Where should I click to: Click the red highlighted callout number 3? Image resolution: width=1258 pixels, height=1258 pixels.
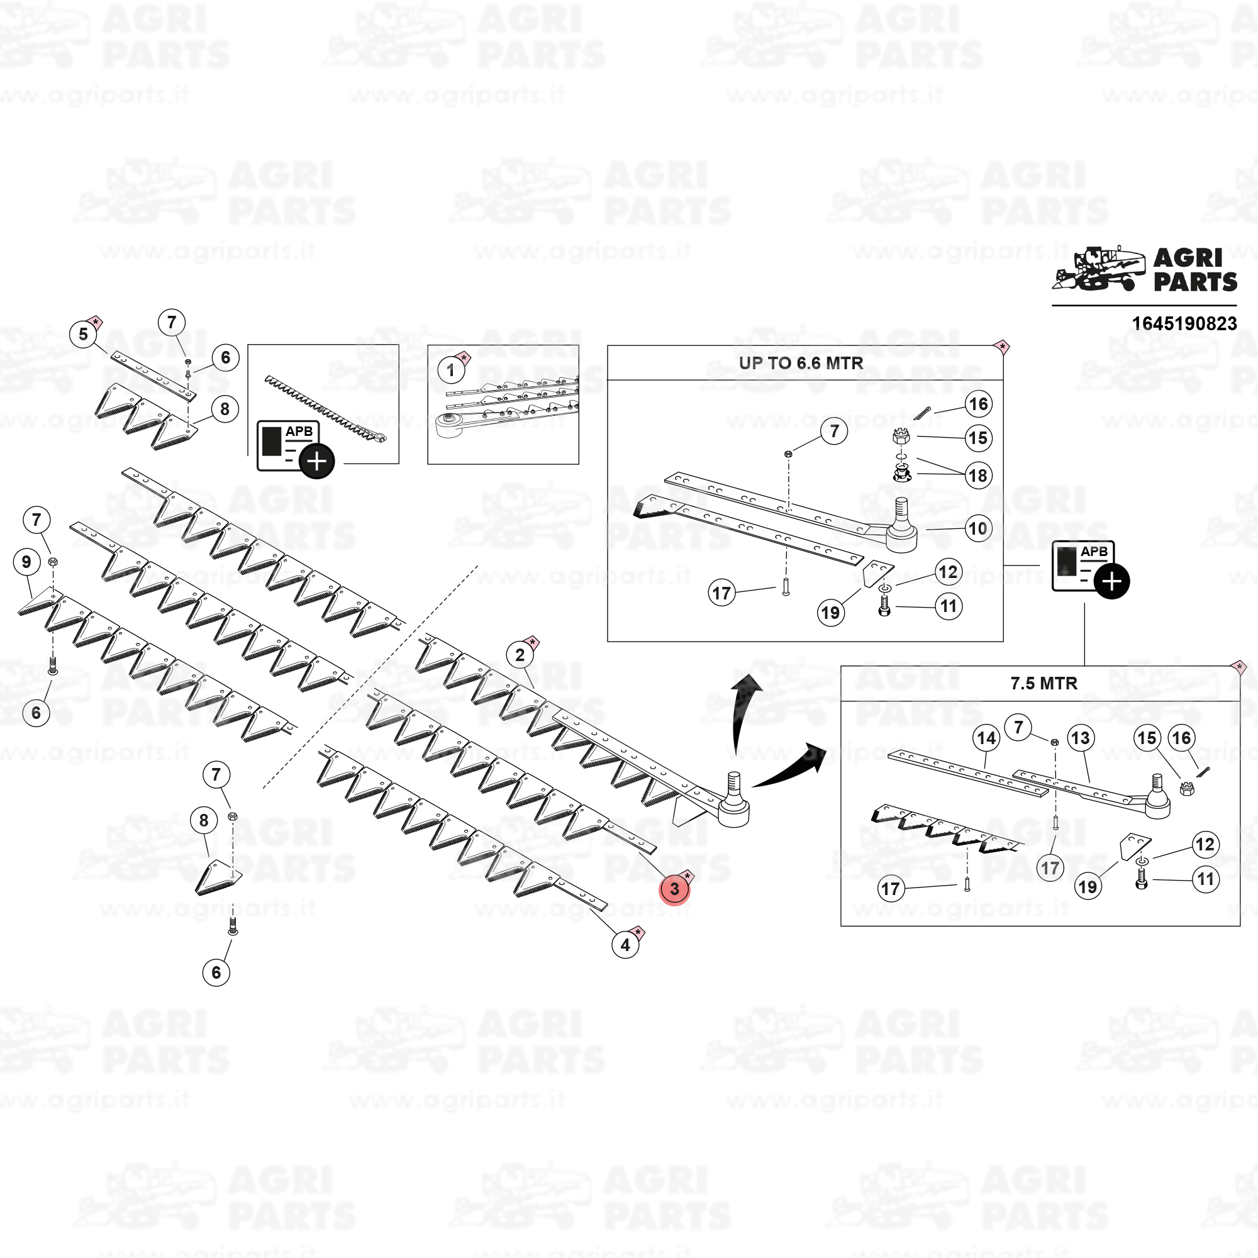tap(674, 889)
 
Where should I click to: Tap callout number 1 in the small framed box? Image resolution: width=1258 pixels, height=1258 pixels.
tap(450, 370)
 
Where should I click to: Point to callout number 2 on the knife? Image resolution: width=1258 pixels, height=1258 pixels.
tap(520, 654)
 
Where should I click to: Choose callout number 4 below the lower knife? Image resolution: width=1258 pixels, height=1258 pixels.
tap(625, 945)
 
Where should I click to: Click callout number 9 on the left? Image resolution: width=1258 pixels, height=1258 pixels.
tap(26, 562)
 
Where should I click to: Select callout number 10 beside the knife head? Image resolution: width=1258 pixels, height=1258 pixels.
tap(978, 528)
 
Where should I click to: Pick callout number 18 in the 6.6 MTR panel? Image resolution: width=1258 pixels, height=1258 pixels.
tap(978, 476)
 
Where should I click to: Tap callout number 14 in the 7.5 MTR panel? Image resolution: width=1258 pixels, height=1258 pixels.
tap(986, 738)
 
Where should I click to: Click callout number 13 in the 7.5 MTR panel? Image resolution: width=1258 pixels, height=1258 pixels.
tap(1080, 738)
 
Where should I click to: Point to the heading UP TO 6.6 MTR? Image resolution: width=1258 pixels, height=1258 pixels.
tap(801, 363)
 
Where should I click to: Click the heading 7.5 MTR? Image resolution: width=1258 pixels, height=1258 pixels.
tap(1044, 683)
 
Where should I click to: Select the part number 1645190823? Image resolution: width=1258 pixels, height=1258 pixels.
tap(1184, 323)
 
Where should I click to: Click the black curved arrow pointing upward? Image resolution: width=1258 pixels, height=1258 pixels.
tap(742, 713)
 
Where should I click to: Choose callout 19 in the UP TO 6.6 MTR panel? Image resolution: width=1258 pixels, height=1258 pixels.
tap(830, 613)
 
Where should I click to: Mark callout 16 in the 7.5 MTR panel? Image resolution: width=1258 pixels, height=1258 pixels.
tap(1181, 738)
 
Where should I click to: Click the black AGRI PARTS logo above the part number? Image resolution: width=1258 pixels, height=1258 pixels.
tap(1144, 270)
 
